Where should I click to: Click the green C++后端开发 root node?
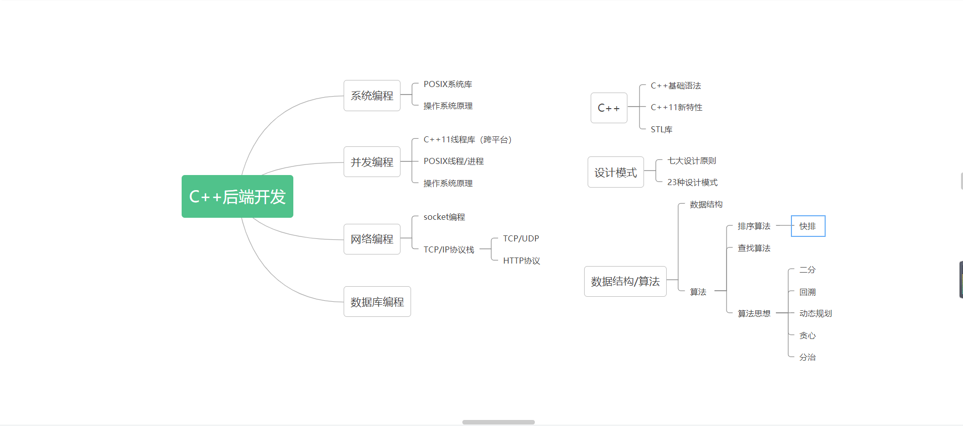[237, 196]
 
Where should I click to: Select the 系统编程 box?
[372, 96]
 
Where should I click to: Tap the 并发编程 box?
[372, 162]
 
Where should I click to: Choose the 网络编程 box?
[372, 239]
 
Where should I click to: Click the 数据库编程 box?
[377, 302]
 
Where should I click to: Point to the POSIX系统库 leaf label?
[447, 84]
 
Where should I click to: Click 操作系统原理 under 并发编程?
[447, 183]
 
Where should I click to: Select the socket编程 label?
[444, 217]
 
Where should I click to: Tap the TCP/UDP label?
[521, 238]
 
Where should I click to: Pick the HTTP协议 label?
[521, 261]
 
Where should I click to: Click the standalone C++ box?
[609, 108]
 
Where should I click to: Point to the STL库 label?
[661, 129]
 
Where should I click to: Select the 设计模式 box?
[615, 173]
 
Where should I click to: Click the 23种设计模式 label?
[692, 182]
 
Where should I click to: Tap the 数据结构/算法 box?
[625, 281]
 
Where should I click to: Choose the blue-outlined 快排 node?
[808, 226]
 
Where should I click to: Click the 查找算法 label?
[754, 248]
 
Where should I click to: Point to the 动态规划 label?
[815, 313]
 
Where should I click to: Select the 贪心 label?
[807, 335]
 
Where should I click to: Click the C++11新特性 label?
[676, 107]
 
